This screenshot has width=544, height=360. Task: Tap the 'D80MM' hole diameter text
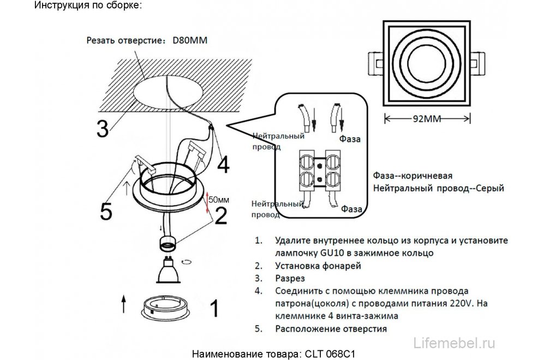[x=190, y=40]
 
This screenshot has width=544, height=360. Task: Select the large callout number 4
[x=224, y=163]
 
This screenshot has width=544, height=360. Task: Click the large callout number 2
[x=220, y=215]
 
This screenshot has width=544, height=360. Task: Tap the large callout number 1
[x=214, y=309]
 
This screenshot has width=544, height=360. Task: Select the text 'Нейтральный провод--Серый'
[x=438, y=188]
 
